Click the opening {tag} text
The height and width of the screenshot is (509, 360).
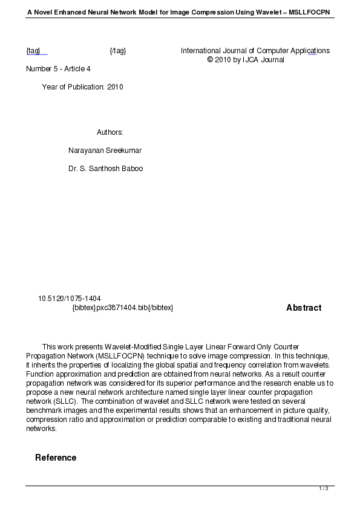point(33,51)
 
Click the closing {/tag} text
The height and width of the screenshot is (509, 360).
point(117,51)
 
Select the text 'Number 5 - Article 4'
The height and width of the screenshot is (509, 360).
point(58,69)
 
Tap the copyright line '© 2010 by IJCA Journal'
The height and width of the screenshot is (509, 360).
point(246,60)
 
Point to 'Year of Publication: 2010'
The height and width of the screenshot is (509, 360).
point(82,87)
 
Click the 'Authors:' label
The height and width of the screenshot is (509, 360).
point(110,132)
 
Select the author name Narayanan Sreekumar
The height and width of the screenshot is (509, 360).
point(105,151)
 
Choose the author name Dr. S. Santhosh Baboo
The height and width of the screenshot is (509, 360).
point(106,169)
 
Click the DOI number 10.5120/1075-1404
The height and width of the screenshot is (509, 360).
point(70,299)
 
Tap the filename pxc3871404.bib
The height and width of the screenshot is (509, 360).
point(123,308)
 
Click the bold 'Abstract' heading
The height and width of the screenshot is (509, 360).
point(304,308)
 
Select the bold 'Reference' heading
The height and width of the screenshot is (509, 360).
point(56,458)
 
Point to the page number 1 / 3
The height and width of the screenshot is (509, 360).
point(324,488)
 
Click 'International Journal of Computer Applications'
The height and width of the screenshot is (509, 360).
point(255,51)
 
